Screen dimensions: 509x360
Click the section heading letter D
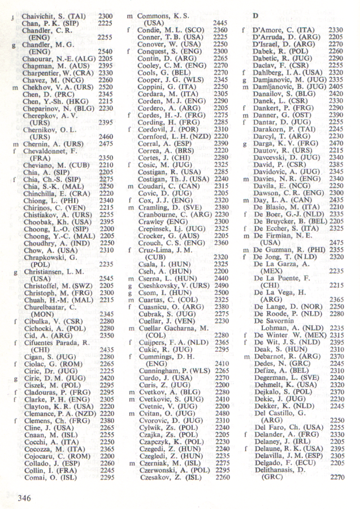(255, 18)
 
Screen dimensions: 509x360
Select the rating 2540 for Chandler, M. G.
(105, 51)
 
